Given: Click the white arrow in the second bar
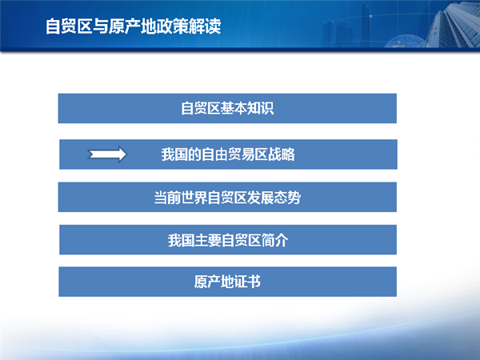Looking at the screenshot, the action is [x=107, y=154].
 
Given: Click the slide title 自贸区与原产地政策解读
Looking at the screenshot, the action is [x=133, y=26].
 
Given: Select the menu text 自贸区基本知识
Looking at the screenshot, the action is [x=227, y=108].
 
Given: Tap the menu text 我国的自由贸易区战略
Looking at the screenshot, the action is [x=228, y=154].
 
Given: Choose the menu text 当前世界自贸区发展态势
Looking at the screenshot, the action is [x=227, y=198].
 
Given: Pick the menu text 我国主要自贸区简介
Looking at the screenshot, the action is [x=228, y=240].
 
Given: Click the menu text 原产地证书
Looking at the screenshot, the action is [x=227, y=282].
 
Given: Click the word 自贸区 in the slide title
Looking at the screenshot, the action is [x=69, y=26].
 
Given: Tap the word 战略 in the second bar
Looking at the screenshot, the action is [x=282, y=154].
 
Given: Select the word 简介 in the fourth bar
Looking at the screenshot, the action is [x=274, y=240].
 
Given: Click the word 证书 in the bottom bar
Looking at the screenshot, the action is [x=247, y=282].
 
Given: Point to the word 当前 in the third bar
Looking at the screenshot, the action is [x=167, y=198].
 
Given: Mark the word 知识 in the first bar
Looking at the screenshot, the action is [x=261, y=108].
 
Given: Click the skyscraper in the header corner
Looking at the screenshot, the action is [x=454, y=25].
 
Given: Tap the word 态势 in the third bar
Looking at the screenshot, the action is [x=288, y=198].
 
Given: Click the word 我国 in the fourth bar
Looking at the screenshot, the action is [x=181, y=240].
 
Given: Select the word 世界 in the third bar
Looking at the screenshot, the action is [x=194, y=198].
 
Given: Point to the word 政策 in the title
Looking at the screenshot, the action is [x=173, y=26].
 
